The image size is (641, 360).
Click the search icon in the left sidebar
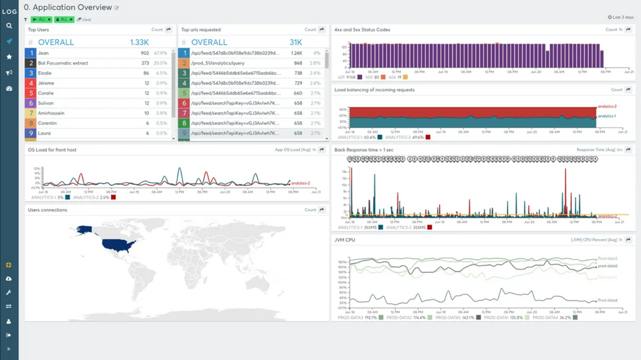pyautogui.click(x=9, y=26)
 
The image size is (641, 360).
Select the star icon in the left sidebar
pyautogui.click(x=9, y=57)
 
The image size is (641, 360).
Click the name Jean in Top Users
pyautogui.click(x=44, y=53)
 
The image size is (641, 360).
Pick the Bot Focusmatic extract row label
pyautogui.click(x=63, y=63)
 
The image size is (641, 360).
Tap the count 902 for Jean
pyautogui.click(x=145, y=53)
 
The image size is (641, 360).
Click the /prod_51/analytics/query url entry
pyautogui.click(x=218, y=63)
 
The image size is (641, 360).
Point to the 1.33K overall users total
pyautogui.click(x=139, y=42)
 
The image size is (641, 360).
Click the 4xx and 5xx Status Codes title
pyautogui.click(x=362, y=29)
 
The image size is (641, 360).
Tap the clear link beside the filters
pyautogui.click(x=85, y=20)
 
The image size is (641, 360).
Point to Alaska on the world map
pyautogui.click(x=85, y=229)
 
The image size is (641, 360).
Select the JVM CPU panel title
pyautogui.click(x=345, y=240)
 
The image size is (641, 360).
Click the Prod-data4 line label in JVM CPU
pyautogui.click(x=606, y=300)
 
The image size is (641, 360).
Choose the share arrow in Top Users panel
pyautogui.click(x=169, y=29)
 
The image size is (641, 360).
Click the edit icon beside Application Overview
pyautogui.click(x=117, y=8)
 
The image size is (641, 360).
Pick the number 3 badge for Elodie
pyautogui.click(x=30, y=74)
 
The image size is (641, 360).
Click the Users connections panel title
pyautogui.click(x=47, y=209)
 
